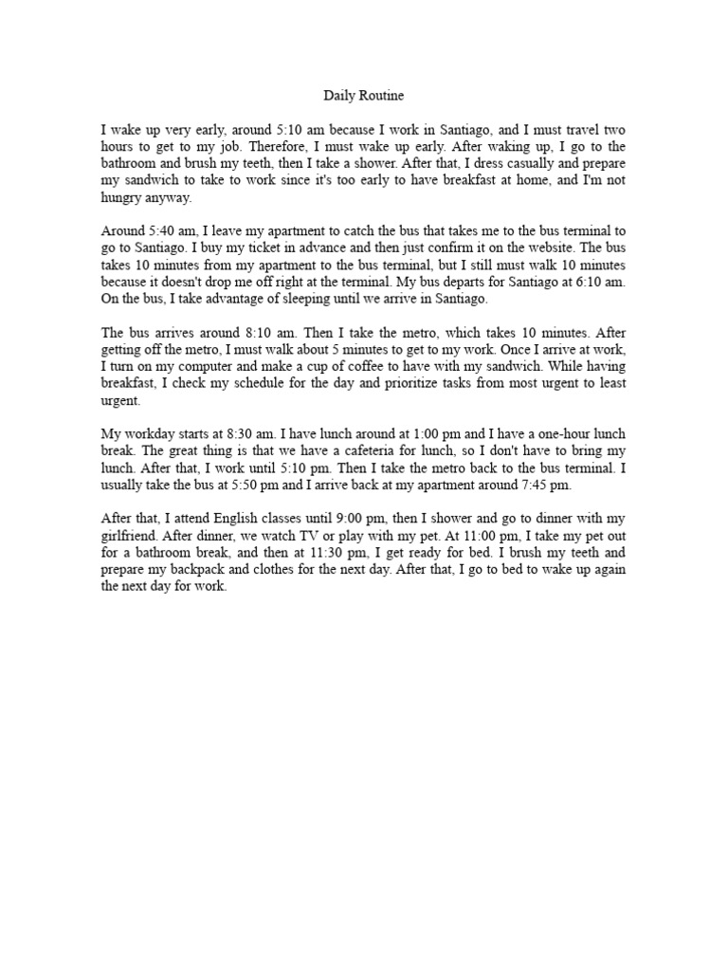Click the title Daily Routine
coord(364,96)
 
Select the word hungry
coord(123,198)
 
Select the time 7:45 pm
coord(543,488)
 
